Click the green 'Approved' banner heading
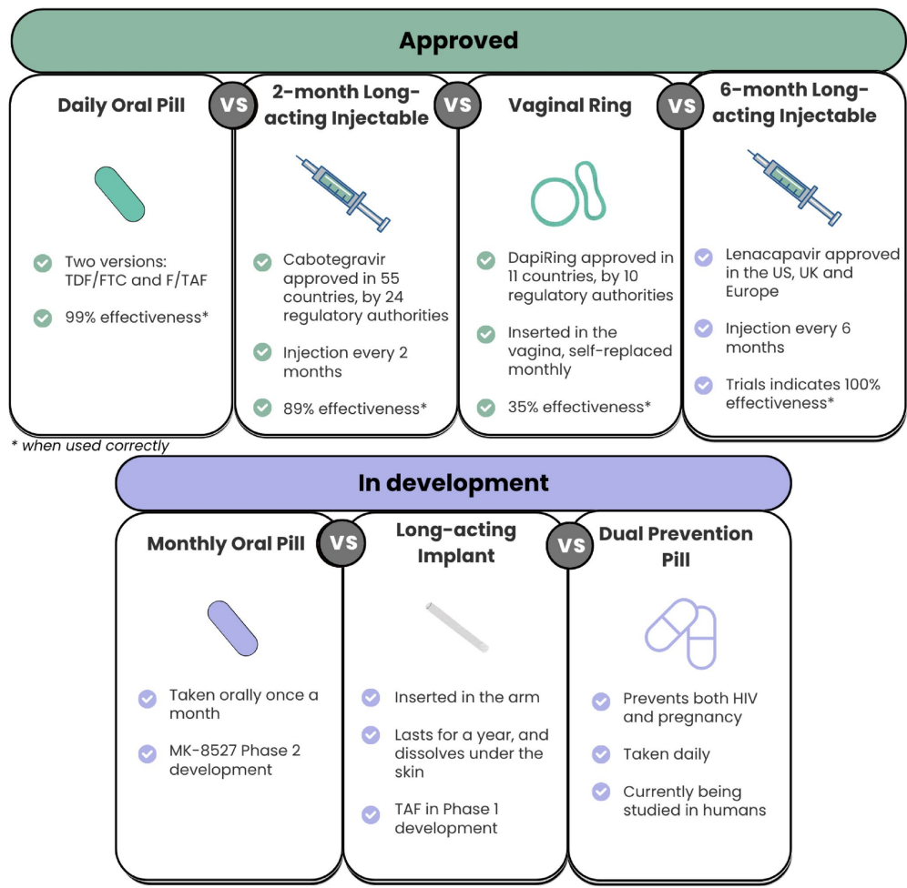coord(458,41)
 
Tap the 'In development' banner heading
coord(453,482)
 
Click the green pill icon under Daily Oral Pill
coord(119,194)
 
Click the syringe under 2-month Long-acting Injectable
coord(343,192)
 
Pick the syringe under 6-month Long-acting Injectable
coord(793,187)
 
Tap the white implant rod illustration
coord(457,626)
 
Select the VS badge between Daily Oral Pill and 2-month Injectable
coord(234,104)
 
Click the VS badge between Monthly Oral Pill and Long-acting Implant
coord(342,543)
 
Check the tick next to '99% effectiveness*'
coord(42,318)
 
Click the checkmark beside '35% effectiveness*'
coord(486,407)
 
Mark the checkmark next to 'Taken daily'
coord(601,754)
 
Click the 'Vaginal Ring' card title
coord(570,106)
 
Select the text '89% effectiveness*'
coord(354,408)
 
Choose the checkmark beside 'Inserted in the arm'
coord(371,698)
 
